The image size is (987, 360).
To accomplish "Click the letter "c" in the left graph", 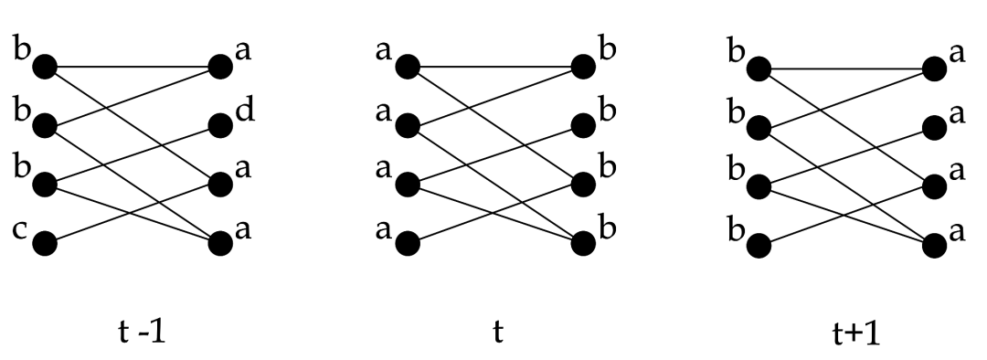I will tap(19, 233).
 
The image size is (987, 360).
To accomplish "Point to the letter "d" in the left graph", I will tap(244, 112).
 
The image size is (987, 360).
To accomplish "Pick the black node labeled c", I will tap(44, 244).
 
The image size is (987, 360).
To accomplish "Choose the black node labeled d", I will tap(220, 123).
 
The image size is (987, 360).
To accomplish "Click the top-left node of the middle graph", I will tap(407, 67).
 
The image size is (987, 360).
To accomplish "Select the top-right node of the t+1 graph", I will tap(933, 68).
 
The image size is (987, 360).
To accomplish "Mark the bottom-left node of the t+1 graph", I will tap(758, 244).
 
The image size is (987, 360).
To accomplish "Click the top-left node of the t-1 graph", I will tap(44, 67).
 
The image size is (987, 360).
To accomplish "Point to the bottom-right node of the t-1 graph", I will tap(220, 244).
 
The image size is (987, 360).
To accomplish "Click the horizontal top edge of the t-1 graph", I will tap(133, 67).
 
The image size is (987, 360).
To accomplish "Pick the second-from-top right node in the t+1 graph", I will tap(933, 123).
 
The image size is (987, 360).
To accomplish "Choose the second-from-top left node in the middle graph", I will tap(407, 123).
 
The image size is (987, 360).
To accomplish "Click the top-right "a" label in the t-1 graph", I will tap(243, 50).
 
